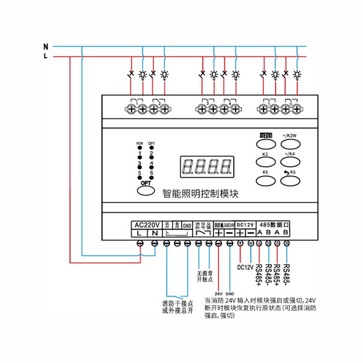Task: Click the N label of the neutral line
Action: (x=45, y=46)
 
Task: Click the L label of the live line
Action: (x=45, y=56)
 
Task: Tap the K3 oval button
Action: (x=265, y=162)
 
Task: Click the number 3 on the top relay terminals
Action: (x=207, y=104)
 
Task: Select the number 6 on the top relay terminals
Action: (x=291, y=104)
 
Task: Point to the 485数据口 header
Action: (x=273, y=224)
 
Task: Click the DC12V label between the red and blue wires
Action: (x=245, y=266)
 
